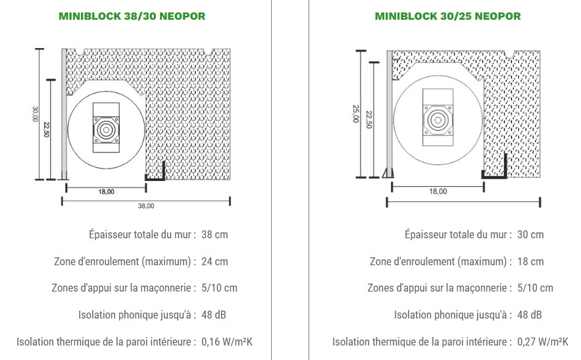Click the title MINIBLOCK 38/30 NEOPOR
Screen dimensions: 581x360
tap(132, 16)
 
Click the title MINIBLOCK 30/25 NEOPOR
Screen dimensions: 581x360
tap(447, 16)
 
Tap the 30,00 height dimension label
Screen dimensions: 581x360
tap(35, 115)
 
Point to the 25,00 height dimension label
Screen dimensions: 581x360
tap(356, 114)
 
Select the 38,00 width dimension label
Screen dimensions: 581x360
tap(146, 206)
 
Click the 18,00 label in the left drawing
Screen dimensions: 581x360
tap(107, 192)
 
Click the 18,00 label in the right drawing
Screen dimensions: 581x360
tap(438, 192)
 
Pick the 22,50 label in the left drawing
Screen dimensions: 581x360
tap(46, 130)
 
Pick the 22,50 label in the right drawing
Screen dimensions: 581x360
tap(368, 119)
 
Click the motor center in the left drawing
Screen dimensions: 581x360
tap(106, 130)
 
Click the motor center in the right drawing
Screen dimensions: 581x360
tap(438, 120)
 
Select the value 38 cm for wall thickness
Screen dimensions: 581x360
tap(215, 235)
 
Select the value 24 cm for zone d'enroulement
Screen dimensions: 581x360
tap(215, 261)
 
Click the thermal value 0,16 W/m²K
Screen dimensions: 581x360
tap(227, 342)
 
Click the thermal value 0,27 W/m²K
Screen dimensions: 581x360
tap(542, 342)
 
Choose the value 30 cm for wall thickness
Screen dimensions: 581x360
tap(530, 235)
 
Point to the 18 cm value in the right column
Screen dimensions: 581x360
tap(530, 261)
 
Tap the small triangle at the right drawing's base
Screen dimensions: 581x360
tap(387, 173)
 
